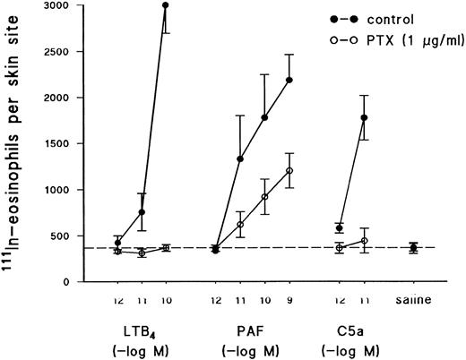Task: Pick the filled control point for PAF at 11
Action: [x=240, y=159]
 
